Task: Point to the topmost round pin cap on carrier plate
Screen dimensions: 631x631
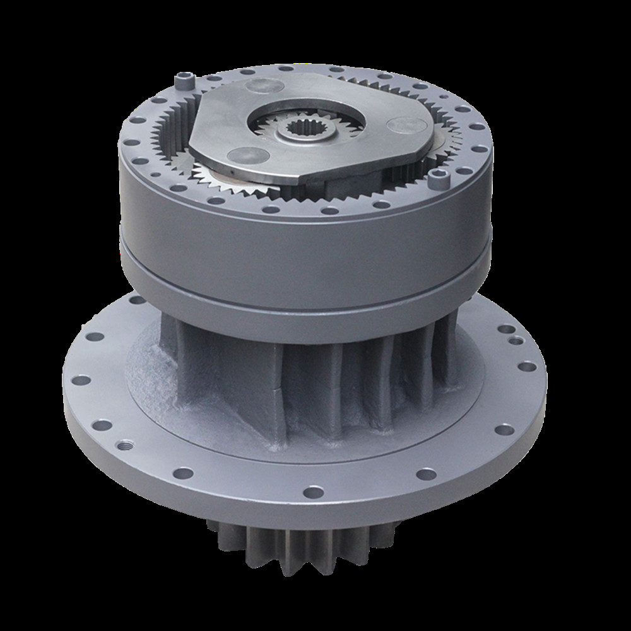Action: [255, 85]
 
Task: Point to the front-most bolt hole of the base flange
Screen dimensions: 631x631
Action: [314, 491]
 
